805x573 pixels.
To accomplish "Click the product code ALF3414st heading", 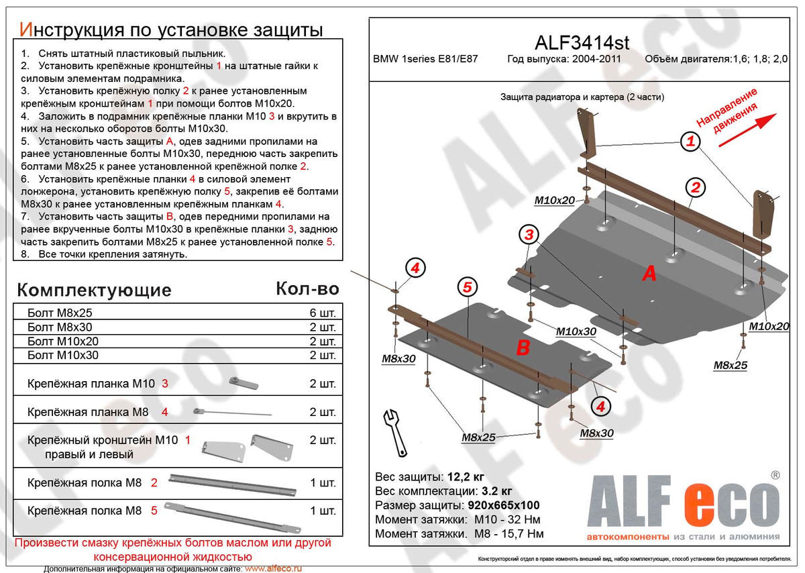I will [x=582, y=42].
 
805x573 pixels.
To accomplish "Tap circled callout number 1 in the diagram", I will [x=690, y=142].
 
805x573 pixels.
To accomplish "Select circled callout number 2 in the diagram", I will [x=696, y=187].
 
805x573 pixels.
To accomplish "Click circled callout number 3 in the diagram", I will [x=529, y=235].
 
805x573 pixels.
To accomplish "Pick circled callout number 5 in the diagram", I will [x=468, y=287].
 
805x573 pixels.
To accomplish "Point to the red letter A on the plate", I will [x=649, y=274].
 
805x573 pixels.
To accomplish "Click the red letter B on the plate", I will [x=523, y=347].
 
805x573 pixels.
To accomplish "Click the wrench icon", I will [x=394, y=431].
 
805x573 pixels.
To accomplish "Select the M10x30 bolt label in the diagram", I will [x=576, y=331].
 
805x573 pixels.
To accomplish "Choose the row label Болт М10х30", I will [x=62, y=355].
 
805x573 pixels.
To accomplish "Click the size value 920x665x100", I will [x=502, y=505].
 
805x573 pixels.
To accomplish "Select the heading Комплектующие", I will [x=94, y=290].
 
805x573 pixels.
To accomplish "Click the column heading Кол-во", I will [x=307, y=289].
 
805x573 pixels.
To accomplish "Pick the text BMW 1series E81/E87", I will [x=430, y=58].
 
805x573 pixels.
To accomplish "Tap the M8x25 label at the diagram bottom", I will [x=478, y=437].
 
